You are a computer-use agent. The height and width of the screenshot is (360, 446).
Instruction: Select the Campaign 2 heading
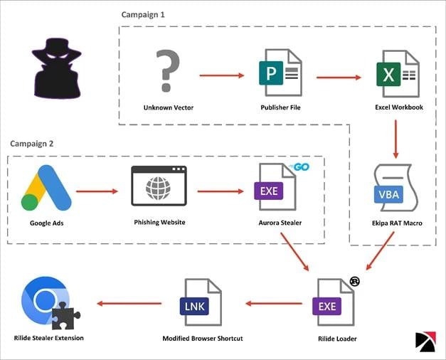coord(32,143)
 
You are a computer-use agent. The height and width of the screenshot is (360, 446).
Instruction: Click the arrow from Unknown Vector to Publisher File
coord(223,74)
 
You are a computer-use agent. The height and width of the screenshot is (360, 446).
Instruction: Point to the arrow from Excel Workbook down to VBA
coord(395,139)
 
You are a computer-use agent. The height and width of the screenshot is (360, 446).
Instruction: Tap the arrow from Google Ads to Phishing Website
coord(97,191)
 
